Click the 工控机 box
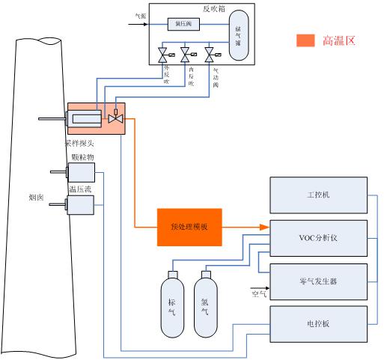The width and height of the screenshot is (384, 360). coord(318,194)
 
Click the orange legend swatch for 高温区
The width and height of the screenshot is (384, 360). coord(305,40)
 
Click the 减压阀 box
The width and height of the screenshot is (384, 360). coord(183,24)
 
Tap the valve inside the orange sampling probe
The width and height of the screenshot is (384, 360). coord(115,119)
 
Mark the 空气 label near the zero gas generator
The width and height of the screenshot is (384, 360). coord(259,295)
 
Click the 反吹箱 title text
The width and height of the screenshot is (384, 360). coord(214,9)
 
